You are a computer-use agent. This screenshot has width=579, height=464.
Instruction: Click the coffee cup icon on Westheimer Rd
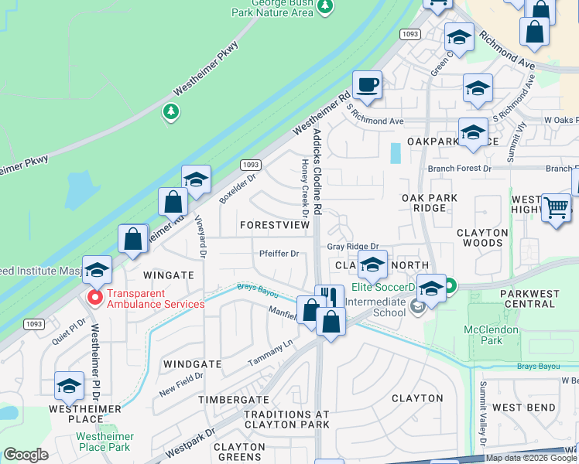click(x=367, y=84)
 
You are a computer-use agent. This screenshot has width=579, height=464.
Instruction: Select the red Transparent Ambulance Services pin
click(x=95, y=297)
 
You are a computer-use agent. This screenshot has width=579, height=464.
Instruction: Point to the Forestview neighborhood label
click(x=274, y=224)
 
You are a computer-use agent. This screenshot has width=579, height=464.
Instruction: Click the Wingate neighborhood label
click(x=168, y=275)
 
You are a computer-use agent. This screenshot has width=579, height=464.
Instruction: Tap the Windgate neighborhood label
click(x=193, y=363)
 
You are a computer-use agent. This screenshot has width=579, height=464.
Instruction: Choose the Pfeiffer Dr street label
click(x=279, y=253)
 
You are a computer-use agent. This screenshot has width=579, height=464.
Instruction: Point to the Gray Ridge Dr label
click(x=351, y=246)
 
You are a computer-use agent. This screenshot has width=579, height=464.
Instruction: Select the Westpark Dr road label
click(x=190, y=439)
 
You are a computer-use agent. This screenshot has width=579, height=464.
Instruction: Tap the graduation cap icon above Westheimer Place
click(x=70, y=386)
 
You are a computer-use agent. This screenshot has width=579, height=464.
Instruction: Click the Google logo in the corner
click(x=26, y=455)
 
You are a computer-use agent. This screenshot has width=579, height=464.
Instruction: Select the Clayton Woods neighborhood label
click(x=482, y=237)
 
